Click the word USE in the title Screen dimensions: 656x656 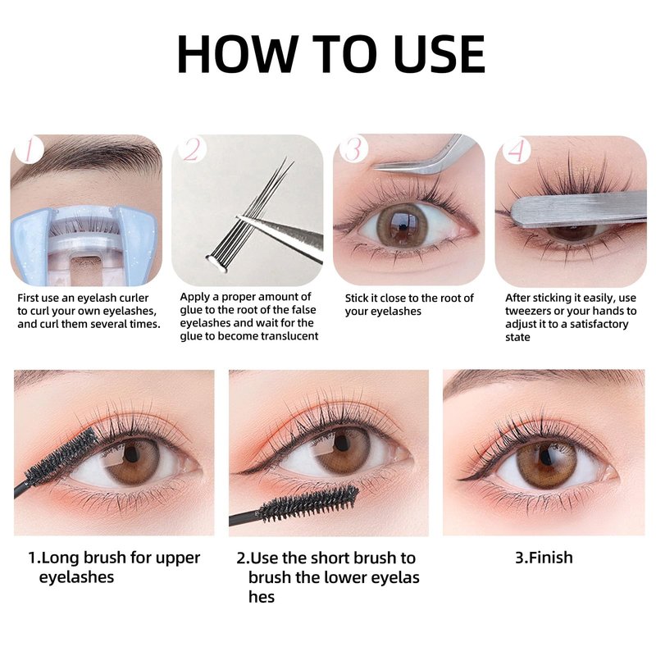click(x=440, y=53)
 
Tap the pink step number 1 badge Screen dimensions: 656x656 click(x=29, y=150)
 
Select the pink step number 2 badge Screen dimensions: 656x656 click(x=191, y=149)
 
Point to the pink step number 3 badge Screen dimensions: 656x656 click(x=353, y=149)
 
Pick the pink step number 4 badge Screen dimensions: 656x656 click(x=516, y=150)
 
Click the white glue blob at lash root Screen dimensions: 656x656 click(x=216, y=263)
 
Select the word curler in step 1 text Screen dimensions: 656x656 click(x=134, y=298)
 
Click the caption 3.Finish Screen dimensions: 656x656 click(x=544, y=558)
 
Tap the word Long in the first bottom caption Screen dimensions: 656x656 click(x=61, y=558)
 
